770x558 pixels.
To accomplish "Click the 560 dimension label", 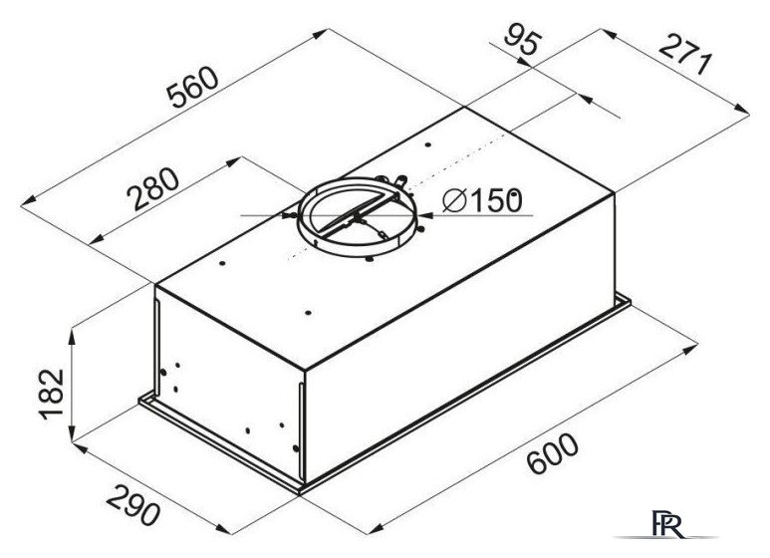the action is coord(192,87).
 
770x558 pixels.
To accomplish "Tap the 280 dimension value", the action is coord(152,189).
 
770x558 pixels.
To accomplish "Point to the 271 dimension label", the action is coord(684,55).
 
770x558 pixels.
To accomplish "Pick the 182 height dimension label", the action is coord(52,394).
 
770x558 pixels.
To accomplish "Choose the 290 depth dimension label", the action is coord(133,505).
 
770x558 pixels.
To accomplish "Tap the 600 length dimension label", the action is coord(553,453).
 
